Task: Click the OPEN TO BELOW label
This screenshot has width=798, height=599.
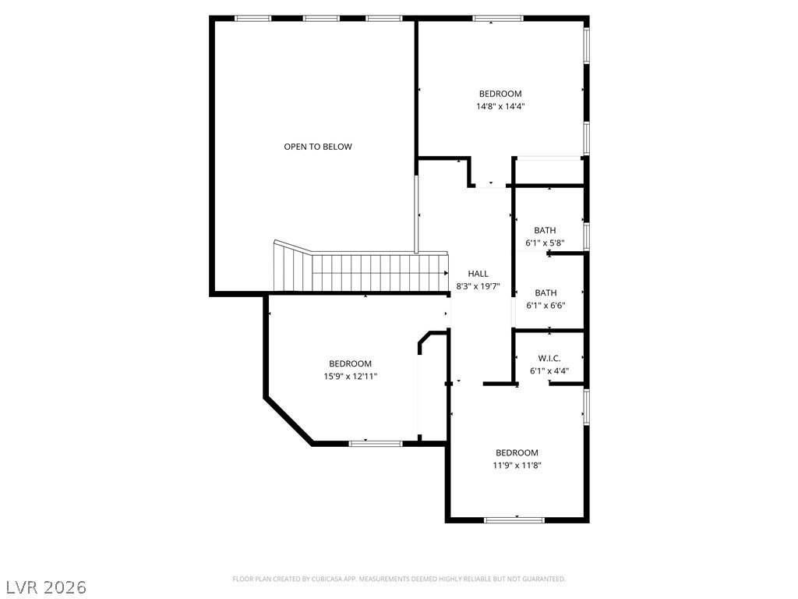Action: point(317,147)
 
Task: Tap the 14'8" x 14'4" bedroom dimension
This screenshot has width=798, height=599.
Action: point(500,107)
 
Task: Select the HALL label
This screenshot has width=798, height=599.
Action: point(478,274)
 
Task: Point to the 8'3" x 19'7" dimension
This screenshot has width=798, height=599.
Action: point(478,286)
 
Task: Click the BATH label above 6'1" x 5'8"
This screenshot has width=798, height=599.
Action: point(545,230)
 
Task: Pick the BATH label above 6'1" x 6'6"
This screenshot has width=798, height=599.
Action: point(546,293)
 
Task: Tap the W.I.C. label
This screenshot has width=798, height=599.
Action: point(549,358)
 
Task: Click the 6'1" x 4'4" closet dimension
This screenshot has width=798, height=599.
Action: point(549,371)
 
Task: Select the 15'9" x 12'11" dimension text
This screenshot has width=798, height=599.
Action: point(350,377)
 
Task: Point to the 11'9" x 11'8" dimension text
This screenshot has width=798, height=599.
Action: point(517,466)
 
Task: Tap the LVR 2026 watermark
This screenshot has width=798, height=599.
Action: point(46,586)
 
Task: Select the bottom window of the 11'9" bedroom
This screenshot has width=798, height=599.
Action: point(514,519)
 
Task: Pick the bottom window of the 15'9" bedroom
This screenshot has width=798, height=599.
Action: point(375,444)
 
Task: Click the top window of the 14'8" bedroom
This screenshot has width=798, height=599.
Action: point(498,18)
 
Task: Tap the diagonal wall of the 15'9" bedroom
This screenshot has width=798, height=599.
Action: point(289,421)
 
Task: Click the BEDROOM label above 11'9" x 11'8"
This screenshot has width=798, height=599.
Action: point(517,453)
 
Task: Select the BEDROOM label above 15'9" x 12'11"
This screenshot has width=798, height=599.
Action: point(350,363)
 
